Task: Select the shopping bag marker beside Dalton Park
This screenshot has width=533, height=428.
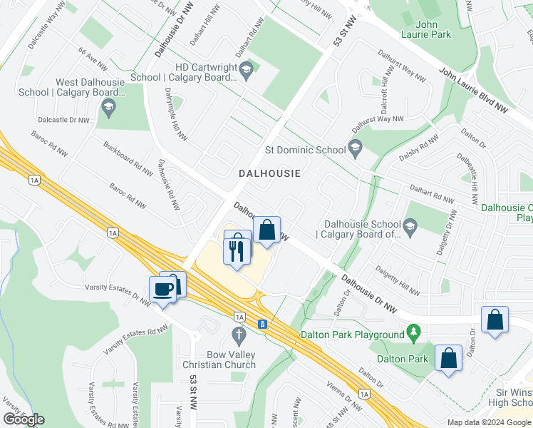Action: (449, 358)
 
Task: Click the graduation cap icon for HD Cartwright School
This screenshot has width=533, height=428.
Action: (247, 68)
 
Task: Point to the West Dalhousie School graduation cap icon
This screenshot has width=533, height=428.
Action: (108, 108)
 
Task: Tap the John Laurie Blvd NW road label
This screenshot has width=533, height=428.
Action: (473, 91)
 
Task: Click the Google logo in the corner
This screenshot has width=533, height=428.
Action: (24, 419)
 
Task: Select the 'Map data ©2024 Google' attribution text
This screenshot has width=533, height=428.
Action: (489, 422)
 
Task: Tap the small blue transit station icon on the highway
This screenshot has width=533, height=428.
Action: (262, 324)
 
